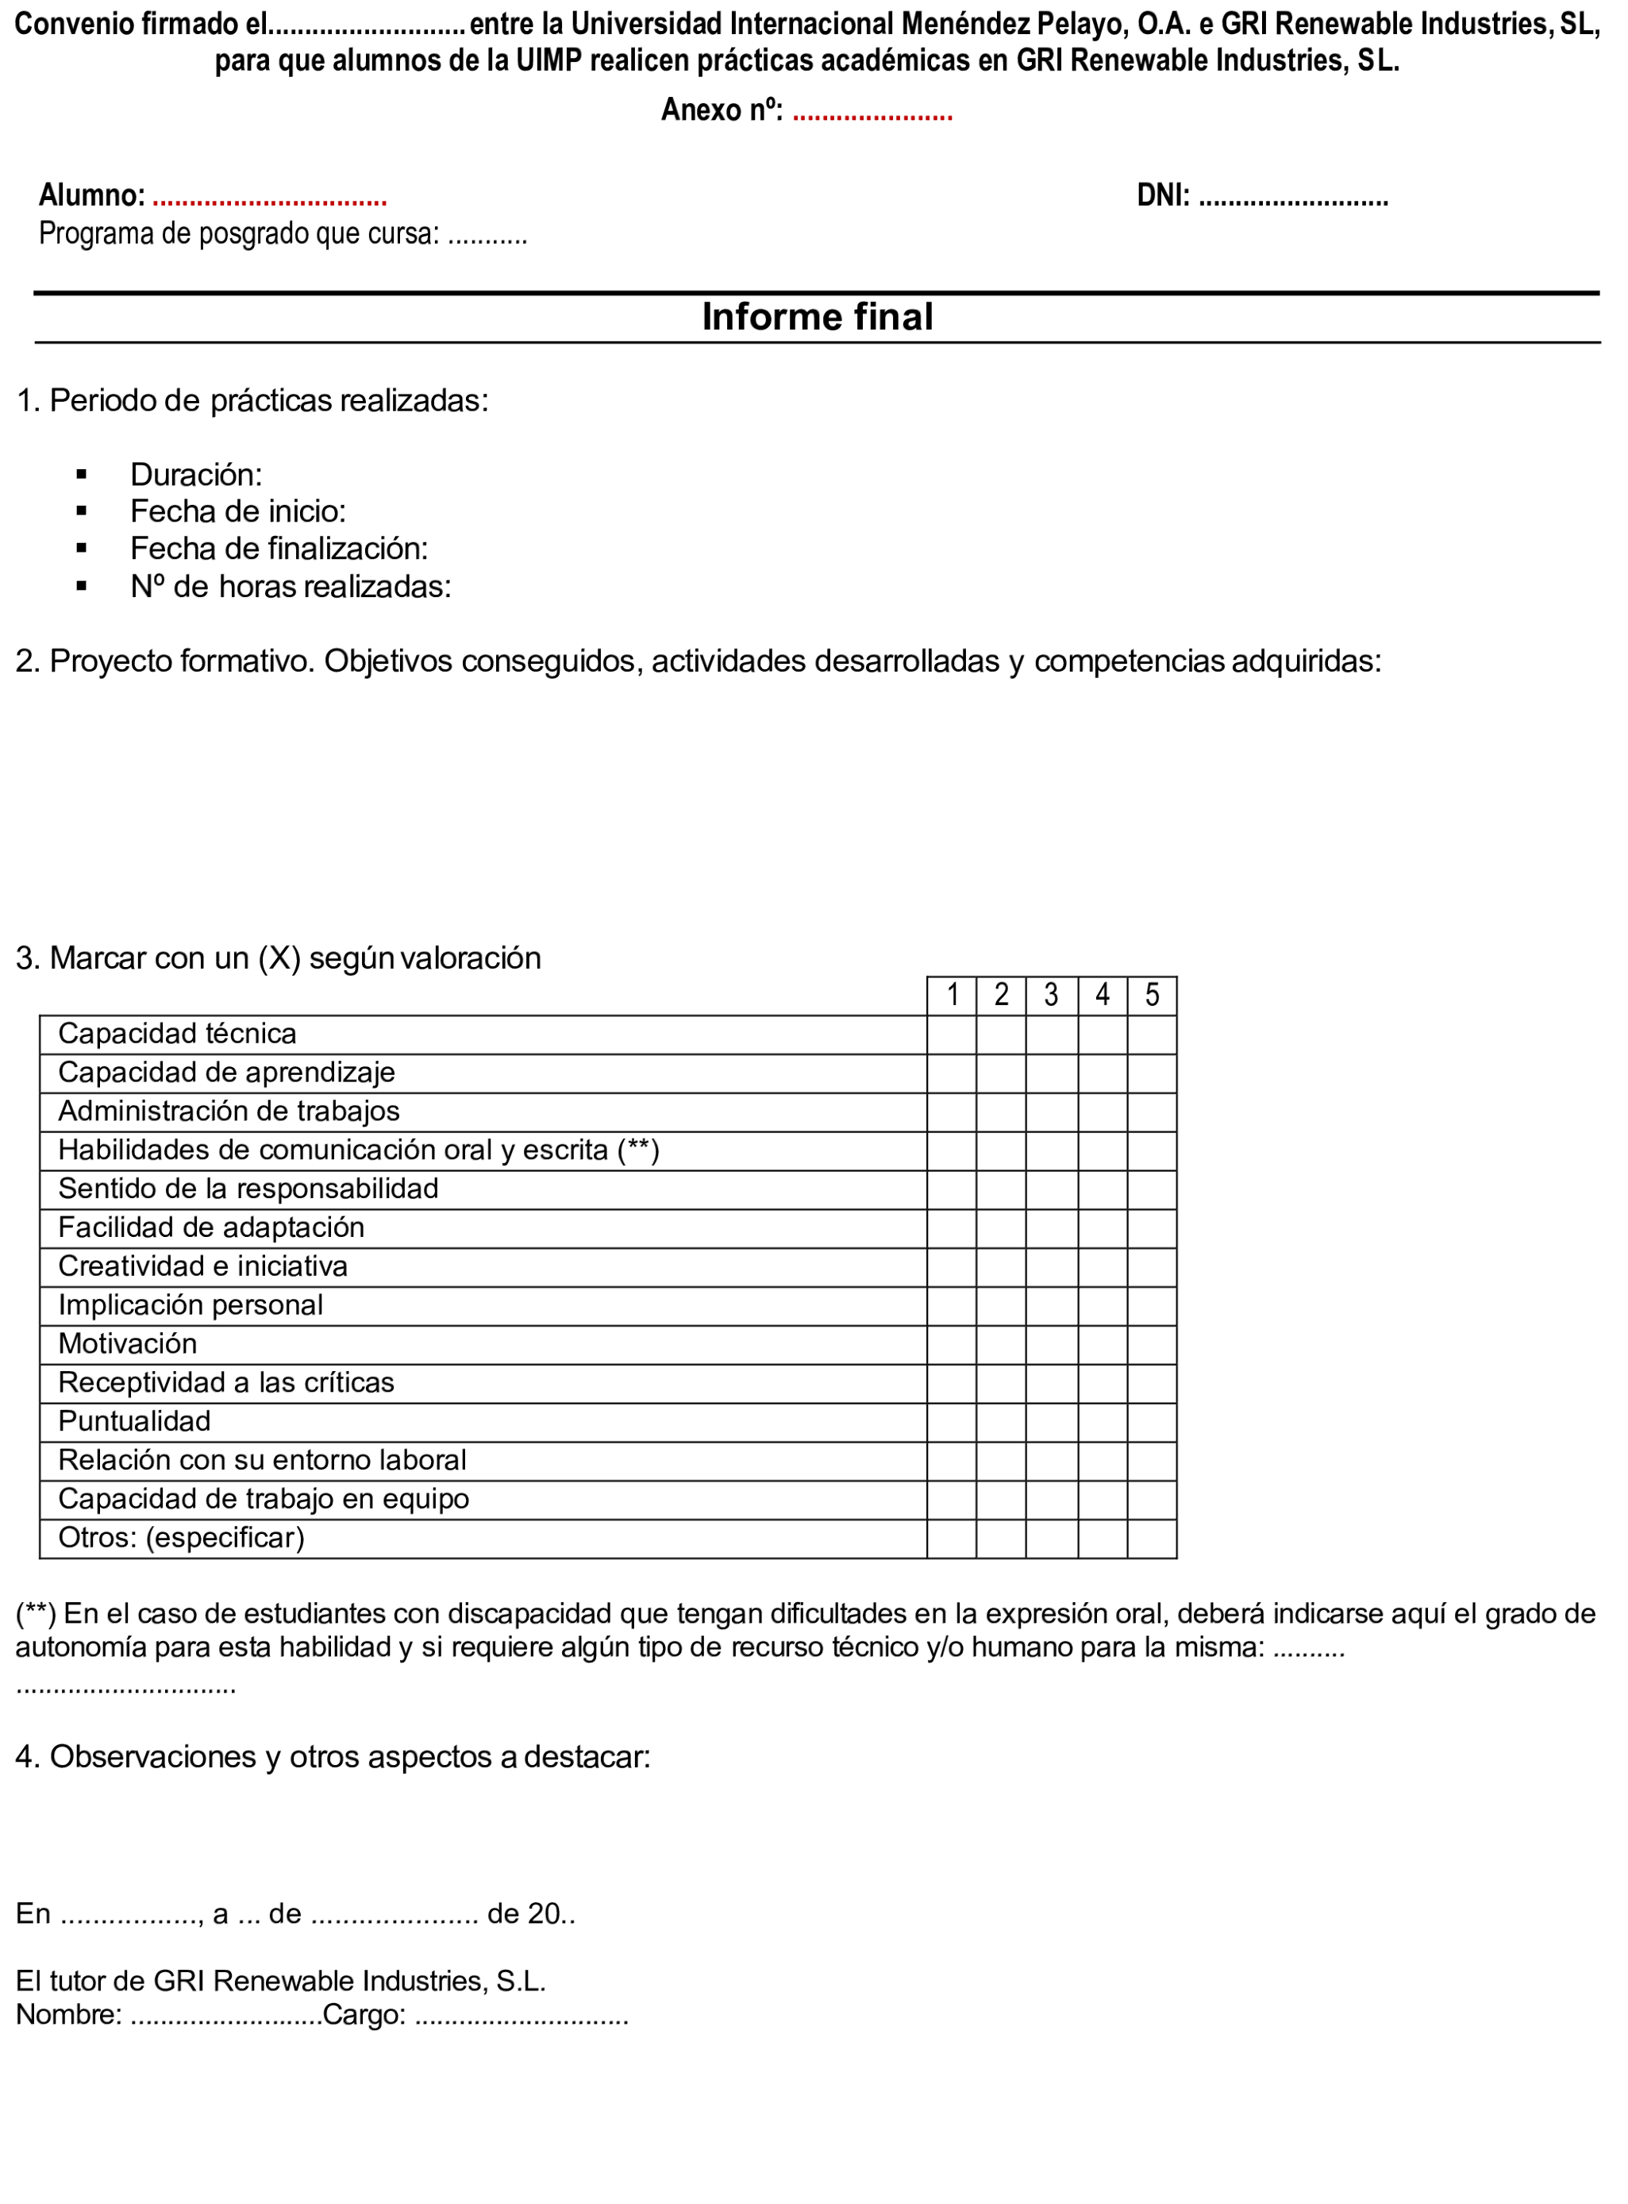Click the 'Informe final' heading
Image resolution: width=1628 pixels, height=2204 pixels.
pos(817,318)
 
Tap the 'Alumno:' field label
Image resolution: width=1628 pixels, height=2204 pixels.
pos(91,195)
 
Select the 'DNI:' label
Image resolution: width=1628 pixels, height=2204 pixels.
pos(1163,195)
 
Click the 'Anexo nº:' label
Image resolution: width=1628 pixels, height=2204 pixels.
pos(722,110)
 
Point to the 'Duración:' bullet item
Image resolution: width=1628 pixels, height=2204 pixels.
pos(196,475)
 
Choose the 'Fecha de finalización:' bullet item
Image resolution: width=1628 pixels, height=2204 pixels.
pos(279,549)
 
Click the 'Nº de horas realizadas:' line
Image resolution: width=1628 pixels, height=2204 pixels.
pos(291,588)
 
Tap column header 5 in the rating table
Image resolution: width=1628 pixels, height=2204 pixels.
pos(1152,996)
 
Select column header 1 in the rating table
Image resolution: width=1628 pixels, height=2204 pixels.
pos(952,996)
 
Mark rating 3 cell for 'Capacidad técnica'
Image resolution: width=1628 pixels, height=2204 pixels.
pos(1052,1035)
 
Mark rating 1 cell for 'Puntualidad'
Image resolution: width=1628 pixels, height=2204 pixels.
pos(952,1422)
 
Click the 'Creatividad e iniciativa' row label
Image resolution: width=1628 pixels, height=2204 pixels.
pos(203,1266)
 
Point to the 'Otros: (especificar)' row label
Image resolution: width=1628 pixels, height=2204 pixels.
pos(181,1538)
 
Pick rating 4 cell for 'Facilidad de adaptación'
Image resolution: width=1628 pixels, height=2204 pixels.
pos(1103,1228)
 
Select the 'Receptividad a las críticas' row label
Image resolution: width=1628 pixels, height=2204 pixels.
pos(225,1383)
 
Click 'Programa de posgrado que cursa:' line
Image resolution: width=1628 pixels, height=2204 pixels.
pos(238,234)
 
